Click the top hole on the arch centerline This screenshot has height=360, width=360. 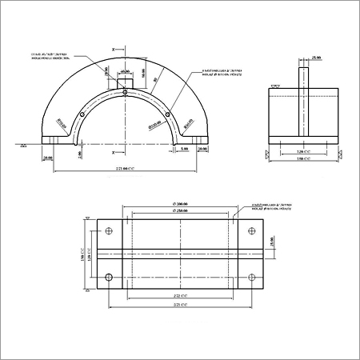[126, 93]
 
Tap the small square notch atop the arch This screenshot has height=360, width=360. [126, 82]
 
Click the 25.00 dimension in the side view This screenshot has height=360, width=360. [316, 58]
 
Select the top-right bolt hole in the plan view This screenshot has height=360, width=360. [252, 232]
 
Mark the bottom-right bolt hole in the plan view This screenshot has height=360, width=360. [252, 278]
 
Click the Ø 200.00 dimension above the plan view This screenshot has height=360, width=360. [181, 206]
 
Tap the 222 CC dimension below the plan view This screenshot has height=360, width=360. [181, 295]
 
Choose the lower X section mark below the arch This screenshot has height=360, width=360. [114, 151]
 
